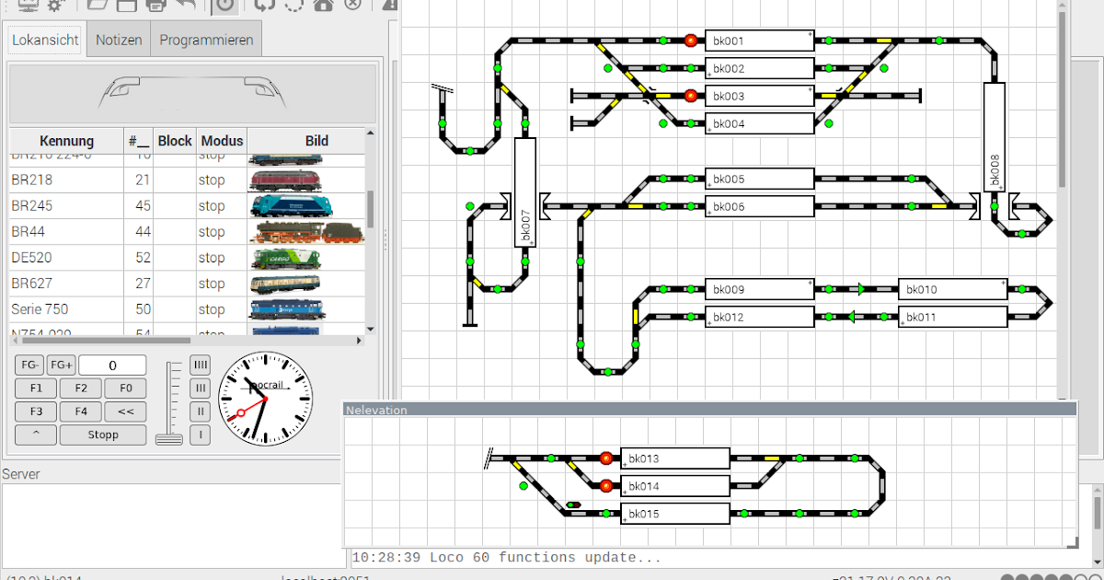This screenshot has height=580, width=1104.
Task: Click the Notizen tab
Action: (119, 41)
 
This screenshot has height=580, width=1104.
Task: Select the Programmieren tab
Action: (206, 41)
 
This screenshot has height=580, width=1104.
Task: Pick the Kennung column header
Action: (66, 141)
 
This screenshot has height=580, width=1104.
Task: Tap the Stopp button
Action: (103, 435)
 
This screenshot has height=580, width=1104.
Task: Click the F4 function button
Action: (81, 412)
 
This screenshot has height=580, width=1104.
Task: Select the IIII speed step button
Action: (201, 365)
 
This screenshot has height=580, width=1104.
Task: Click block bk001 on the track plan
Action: (759, 41)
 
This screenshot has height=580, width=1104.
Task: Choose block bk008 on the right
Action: (994, 137)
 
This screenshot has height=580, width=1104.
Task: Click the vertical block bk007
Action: (524, 192)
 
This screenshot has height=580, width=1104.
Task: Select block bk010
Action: (952, 290)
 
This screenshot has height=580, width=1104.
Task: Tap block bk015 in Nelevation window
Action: (674, 514)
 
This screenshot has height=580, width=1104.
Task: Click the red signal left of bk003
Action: (691, 96)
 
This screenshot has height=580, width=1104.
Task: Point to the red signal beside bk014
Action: (606, 486)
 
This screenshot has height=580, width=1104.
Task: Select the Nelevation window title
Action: (376, 410)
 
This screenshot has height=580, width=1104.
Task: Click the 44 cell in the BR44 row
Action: (142, 232)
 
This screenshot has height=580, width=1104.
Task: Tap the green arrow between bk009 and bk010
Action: (860, 290)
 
